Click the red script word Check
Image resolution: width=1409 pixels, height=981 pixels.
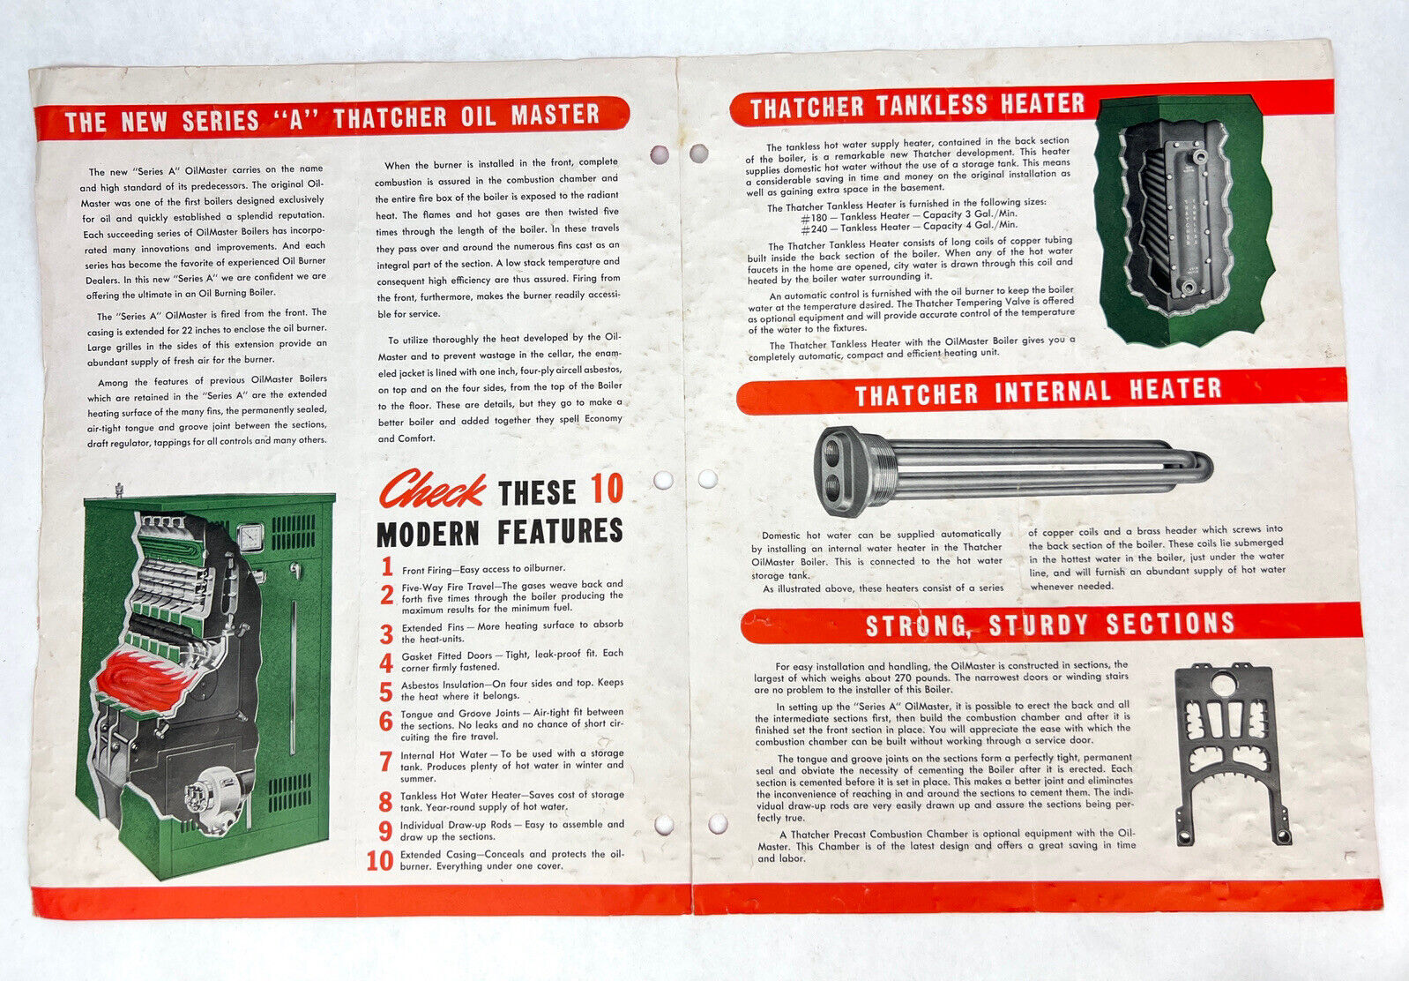[431, 489]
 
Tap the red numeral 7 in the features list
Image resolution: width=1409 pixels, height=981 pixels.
[385, 761]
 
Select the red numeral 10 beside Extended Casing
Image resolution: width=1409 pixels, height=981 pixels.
[380, 860]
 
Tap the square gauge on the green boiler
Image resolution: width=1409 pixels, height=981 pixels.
[250, 539]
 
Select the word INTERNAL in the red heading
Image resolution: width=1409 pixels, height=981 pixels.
[1053, 392]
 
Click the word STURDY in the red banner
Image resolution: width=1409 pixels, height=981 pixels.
[1039, 625]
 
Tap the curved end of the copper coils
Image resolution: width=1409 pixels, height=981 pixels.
[1197, 468]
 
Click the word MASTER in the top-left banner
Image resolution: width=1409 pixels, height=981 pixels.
[555, 116]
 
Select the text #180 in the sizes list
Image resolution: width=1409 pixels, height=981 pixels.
[815, 218]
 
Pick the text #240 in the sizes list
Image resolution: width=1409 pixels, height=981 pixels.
[815, 229]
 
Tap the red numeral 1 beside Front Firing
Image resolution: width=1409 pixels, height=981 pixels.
[387, 567]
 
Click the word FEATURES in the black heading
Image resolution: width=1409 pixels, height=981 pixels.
[560, 532]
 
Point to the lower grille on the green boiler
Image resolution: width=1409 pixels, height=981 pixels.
[289, 793]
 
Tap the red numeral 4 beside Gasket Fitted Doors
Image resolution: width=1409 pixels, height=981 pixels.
[386, 663]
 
